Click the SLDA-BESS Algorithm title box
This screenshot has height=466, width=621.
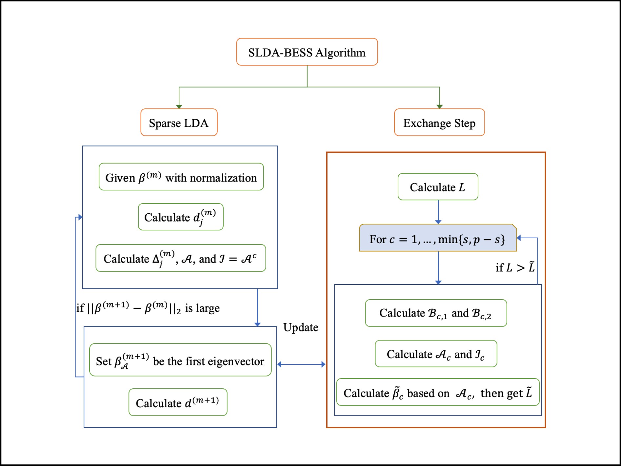tap(307, 52)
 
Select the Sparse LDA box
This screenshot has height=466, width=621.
tap(179, 123)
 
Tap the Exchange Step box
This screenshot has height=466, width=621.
tap(439, 123)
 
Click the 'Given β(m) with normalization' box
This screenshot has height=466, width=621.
tap(181, 177)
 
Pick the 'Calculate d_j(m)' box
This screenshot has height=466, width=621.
tap(181, 217)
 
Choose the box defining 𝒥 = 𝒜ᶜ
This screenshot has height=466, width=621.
tap(181, 258)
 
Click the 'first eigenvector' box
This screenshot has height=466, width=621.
tap(180, 360)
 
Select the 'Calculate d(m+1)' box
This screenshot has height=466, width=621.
tap(178, 402)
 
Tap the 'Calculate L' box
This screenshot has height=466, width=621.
tap(438, 187)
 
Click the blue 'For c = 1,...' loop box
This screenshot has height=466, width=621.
tap(438, 238)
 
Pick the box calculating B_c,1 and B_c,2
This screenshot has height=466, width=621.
tap(436, 313)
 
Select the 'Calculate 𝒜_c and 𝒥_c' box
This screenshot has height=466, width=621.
tap(436, 354)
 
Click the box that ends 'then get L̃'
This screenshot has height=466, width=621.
tap(438, 392)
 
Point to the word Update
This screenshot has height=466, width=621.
tap(301, 327)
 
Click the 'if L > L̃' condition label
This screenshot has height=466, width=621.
tap(515, 267)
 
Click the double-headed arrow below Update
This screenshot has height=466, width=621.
tap(301, 364)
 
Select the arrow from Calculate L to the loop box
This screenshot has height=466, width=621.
tap(438, 212)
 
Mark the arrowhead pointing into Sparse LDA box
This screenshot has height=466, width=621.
tap(179, 106)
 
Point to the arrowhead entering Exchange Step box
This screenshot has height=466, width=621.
tap(439, 106)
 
